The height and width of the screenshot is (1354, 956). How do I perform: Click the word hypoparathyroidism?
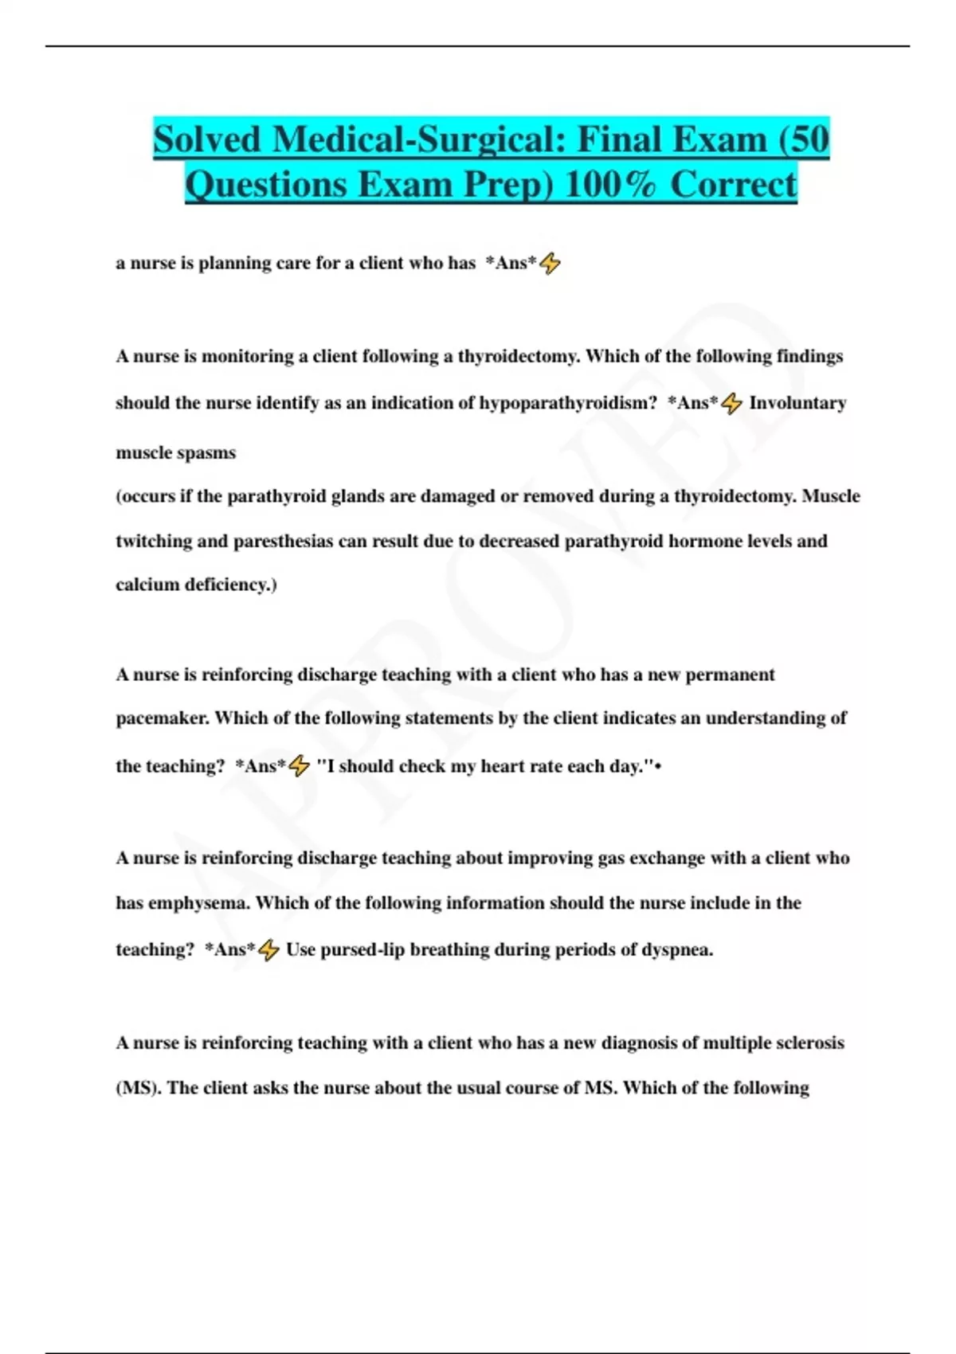point(568,403)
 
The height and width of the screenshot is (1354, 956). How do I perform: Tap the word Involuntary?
point(797,403)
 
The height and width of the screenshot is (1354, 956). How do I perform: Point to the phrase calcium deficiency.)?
point(196,585)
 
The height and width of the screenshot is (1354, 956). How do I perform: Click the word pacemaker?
point(163,718)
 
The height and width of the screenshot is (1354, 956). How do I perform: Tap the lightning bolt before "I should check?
point(299,766)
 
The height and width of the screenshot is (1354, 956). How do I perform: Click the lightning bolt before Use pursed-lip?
point(268,949)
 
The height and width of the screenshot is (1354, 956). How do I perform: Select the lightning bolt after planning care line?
point(550,263)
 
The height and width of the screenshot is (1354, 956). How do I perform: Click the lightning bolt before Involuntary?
point(731,404)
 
